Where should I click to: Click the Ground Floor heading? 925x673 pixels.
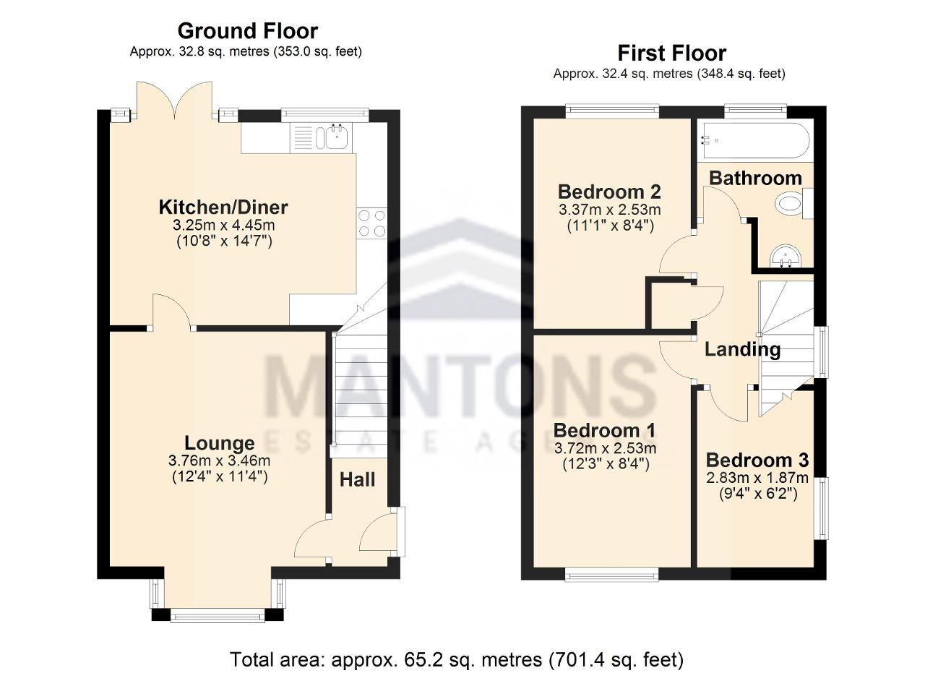click(248, 31)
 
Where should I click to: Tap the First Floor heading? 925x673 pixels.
click(672, 53)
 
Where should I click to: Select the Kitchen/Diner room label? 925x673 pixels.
click(223, 207)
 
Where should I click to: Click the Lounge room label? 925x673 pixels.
click(220, 443)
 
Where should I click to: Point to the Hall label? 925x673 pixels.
click(358, 480)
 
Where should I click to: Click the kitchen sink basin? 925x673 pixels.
click(338, 136)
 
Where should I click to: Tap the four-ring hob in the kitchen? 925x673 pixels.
click(371, 223)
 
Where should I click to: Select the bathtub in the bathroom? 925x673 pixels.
click(754, 140)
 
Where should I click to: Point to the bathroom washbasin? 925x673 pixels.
click(786, 257)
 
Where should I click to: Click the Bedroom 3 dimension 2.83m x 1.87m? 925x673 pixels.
click(757, 478)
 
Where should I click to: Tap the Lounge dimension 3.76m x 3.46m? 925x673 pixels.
click(219, 460)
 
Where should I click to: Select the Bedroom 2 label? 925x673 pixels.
click(609, 192)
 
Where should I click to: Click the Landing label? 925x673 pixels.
click(742, 350)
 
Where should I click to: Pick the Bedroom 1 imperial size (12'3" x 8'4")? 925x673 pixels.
click(606, 464)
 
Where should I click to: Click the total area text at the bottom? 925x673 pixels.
click(456, 660)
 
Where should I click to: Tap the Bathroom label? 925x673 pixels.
click(756, 178)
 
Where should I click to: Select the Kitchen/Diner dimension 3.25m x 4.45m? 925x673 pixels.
click(223, 225)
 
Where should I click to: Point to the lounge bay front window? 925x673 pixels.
click(218, 617)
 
